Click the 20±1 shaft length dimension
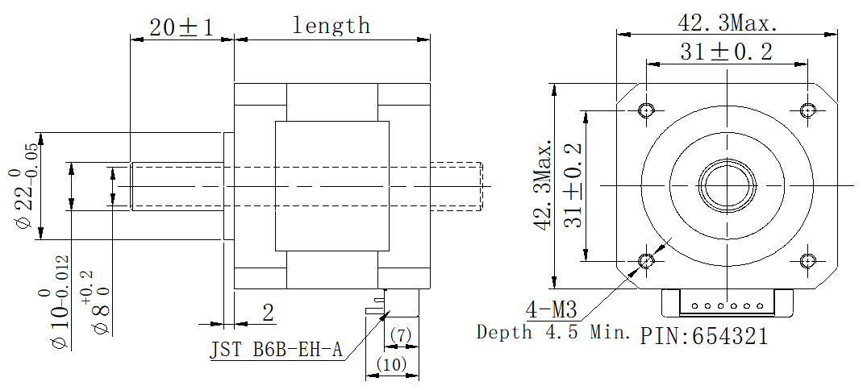181,27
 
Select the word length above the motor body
331,25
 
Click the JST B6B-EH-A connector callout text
277,351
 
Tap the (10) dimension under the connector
392,364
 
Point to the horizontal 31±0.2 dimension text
726,52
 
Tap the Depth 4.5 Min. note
553,332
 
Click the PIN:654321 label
704,335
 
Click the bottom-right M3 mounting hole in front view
809,260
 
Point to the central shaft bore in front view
728,185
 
